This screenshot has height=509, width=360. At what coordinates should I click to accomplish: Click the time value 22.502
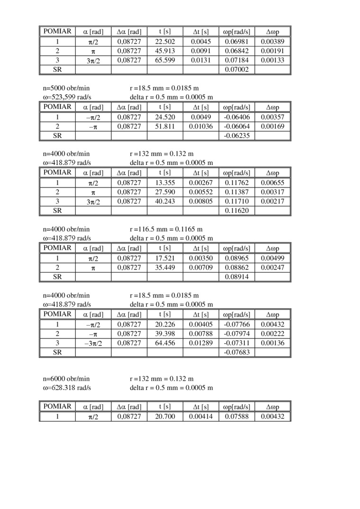(x=165, y=42)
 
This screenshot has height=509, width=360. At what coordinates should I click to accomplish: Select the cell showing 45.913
(x=165, y=51)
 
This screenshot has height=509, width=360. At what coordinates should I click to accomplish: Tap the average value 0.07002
(x=237, y=70)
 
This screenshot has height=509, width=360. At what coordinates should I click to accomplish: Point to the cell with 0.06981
(x=237, y=42)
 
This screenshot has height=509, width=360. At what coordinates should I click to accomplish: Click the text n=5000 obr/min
(x=66, y=88)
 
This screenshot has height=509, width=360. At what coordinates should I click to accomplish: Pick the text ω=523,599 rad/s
(x=67, y=97)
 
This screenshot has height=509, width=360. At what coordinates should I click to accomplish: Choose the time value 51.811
(x=165, y=127)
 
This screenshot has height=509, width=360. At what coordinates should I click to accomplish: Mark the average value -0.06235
(x=237, y=136)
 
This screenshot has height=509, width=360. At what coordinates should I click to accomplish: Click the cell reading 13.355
(x=165, y=182)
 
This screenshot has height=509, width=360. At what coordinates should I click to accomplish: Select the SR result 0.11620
(x=237, y=210)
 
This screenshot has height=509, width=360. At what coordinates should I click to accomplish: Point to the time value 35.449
(x=165, y=267)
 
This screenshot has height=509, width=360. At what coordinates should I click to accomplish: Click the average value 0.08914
(x=237, y=277)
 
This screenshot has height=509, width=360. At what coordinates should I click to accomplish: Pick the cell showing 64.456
(x=165, y=343)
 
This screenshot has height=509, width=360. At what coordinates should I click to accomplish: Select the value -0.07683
(x=237, y=352)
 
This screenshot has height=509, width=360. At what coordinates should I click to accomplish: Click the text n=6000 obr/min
(x=66, y=379)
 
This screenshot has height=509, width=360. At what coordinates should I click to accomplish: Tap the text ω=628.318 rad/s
(x=67, y=388)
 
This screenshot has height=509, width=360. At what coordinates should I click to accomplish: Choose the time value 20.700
(x=165, y=417)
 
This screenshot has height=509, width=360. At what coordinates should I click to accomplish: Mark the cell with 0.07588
(x=237, y=417)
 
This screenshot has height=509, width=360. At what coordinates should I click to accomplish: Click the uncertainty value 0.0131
(x=201, y=60)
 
